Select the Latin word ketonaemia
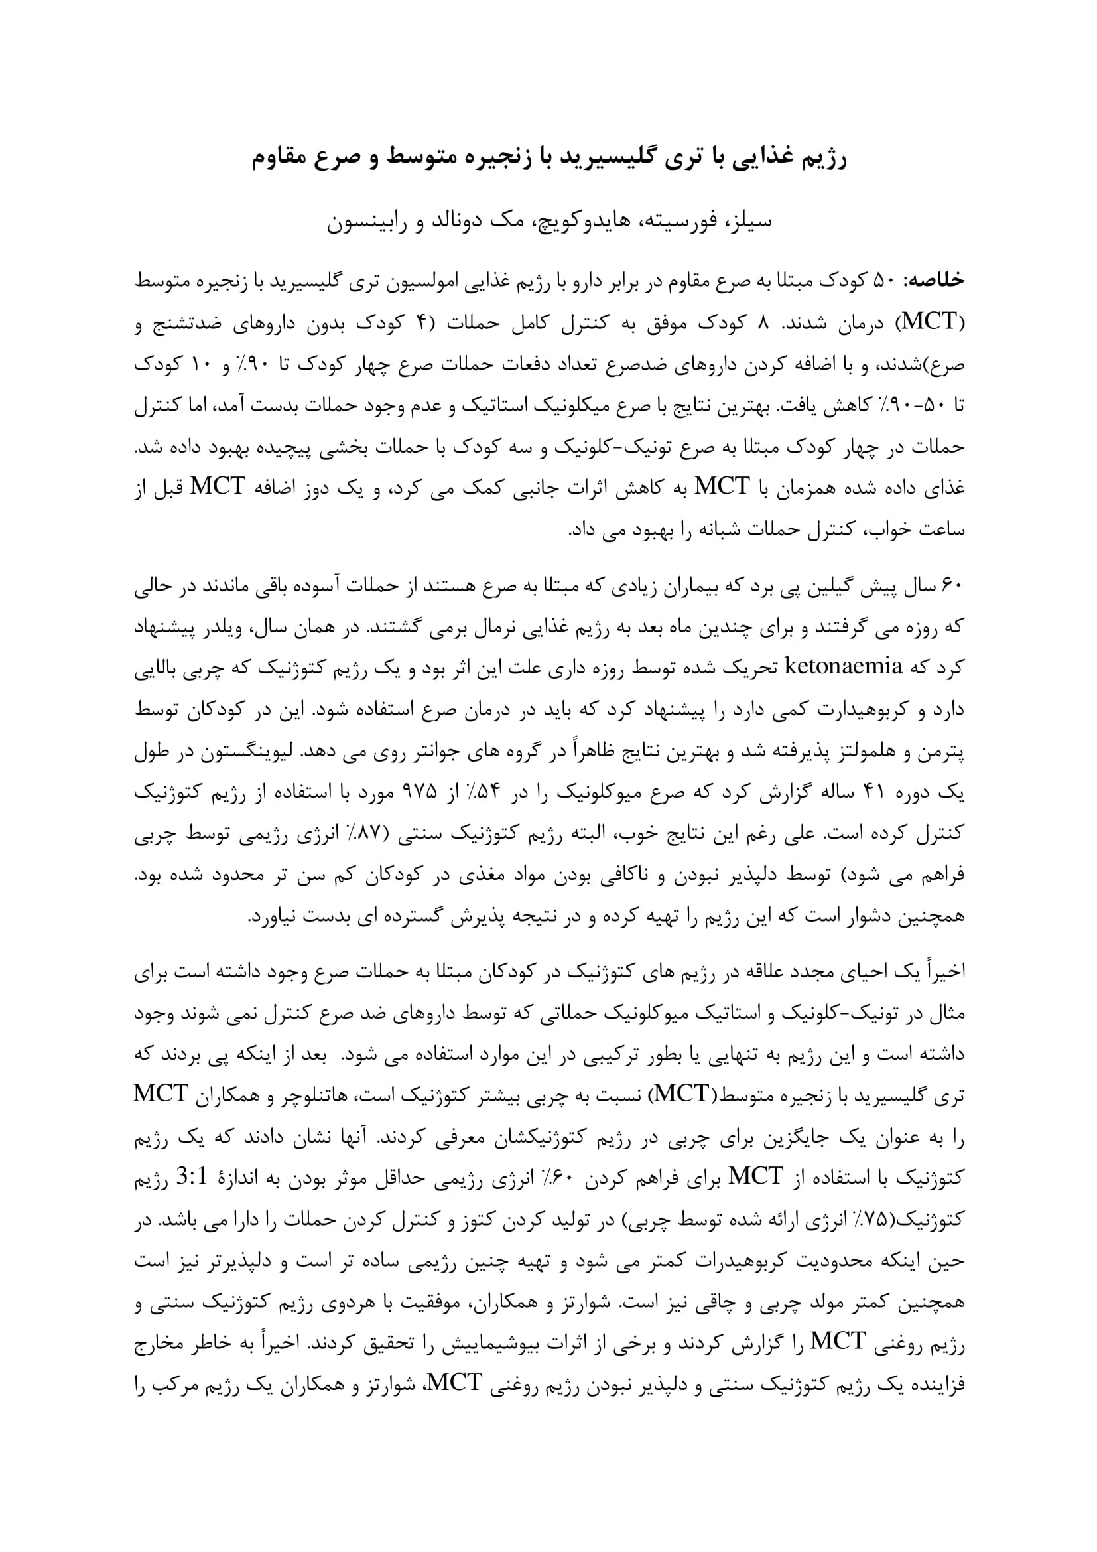pyautogui.click(x=843, y=668)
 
